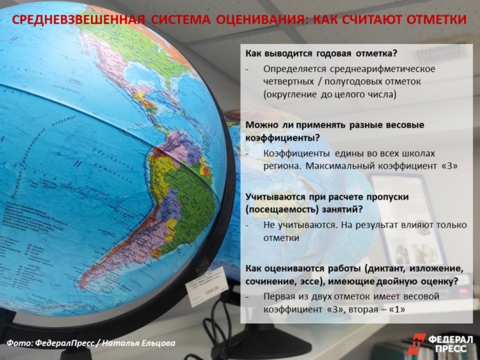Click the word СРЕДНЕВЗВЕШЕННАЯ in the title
(79, 20)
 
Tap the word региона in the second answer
(280, 166)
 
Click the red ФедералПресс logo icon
(415, 343)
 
